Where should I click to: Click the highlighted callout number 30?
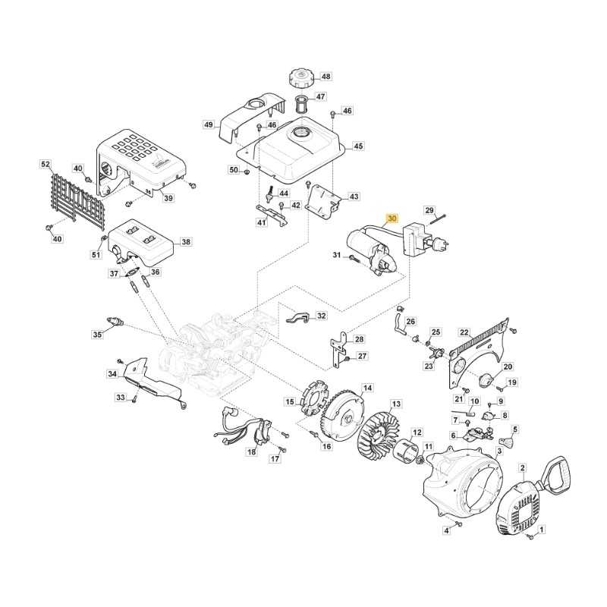392,219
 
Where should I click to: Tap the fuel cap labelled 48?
302,79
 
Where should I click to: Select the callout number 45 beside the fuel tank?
358,146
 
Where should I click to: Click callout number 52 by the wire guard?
46,164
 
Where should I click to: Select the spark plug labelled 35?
115,321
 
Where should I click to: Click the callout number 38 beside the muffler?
186,241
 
